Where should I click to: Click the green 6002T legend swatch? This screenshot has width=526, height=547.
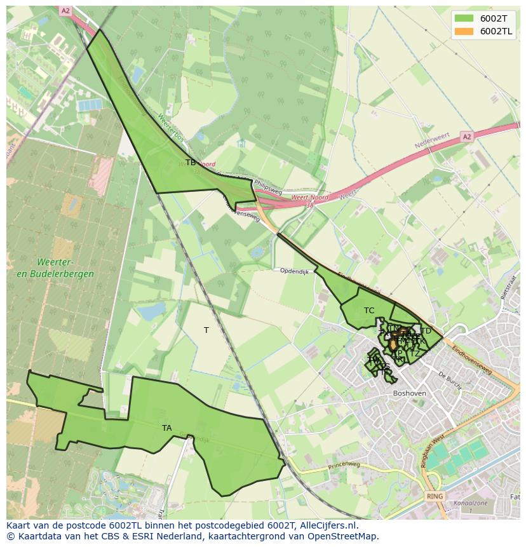click(x=464, y=18)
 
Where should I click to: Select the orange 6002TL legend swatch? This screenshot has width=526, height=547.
click(x=464, y=31)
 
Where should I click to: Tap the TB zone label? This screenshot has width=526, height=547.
click(x=191, y=163)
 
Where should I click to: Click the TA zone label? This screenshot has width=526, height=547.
click(x=166, y=428)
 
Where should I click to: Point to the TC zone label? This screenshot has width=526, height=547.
click(x=369, y=311)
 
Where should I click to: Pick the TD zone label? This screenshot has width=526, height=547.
click(x=426, y=331)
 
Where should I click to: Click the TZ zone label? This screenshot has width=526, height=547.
click(x=414, y=354)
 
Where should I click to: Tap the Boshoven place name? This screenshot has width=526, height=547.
click(x=410, y=394)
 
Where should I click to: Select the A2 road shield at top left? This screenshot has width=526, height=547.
click(x=65, y=11)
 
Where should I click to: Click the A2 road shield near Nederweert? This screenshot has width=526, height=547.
click(x=467, y=137)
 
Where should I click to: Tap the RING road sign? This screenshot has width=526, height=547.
click(x=435, y=496)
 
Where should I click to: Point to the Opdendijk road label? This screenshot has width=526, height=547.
click(x=294, y=271)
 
